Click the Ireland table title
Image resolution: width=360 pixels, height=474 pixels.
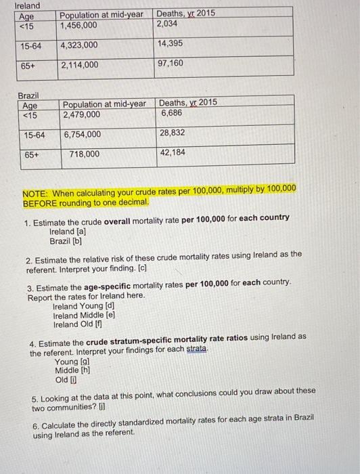[x=28, y=6]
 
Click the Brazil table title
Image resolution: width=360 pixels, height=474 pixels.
[x=28, y=97]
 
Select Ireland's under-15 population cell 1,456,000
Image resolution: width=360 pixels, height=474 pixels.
[x=78, y=25]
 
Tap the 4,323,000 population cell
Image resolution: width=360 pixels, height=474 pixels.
[x=79, y=45]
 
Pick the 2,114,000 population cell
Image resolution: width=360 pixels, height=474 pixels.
[x=79, y=65]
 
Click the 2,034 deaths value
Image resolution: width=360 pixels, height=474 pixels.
[x=168, y=24]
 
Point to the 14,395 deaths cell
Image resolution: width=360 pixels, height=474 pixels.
[x=171, y=44]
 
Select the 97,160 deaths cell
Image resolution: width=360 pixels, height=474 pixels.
[x=171, y=63]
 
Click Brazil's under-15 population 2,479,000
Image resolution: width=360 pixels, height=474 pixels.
[x=82, y=114]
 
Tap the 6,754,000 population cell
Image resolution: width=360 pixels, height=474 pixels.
[x=82, y=134]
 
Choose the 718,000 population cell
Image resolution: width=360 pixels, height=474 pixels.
[x=84, y=154]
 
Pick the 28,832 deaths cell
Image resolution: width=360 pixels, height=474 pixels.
[x=174, y=133]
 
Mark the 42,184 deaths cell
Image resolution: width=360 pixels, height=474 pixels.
[x=174, y=152]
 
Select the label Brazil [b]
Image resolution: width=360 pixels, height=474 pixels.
[x=66, y=240]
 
